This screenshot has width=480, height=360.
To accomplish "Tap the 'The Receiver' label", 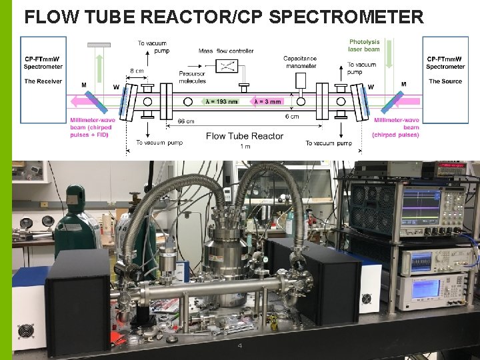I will coord(43,81).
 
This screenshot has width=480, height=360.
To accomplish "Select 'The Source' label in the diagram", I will coord(445,81).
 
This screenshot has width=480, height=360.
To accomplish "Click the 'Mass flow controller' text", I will coord(226,51).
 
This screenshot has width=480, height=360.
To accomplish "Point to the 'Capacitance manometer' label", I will coord(300,62).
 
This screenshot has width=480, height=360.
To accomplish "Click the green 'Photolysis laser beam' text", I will coord(364,45).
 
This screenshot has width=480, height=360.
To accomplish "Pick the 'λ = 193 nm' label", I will coord(222,102).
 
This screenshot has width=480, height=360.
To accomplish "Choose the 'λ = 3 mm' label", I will coord(267,102).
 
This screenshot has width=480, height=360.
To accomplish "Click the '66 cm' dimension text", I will coord(186,121).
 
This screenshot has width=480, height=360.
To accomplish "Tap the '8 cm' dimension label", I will coord(136,70).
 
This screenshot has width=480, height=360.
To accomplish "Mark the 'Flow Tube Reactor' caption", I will coord(245,136).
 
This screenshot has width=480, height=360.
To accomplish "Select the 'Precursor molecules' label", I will coord(192,77).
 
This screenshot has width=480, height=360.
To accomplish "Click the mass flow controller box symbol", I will coord(229,65).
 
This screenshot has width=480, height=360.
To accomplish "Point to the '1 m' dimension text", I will coord(246,146).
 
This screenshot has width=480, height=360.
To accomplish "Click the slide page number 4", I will coord(240,346).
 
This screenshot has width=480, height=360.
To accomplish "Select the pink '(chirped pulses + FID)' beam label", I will coord(89,134).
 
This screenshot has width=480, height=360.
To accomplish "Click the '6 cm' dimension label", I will coord(292,117).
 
